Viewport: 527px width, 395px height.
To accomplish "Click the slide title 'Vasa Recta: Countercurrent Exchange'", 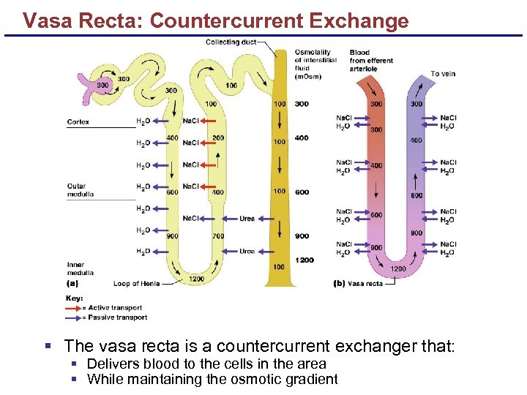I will [215, 20].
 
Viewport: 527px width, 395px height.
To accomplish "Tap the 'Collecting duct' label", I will [231, 42].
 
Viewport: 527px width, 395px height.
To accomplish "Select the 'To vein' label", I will [442, 74].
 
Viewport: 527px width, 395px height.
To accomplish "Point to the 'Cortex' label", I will [78, 122].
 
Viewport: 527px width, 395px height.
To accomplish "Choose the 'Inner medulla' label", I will [80, 269].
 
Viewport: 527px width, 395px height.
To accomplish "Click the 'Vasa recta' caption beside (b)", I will [365, 283].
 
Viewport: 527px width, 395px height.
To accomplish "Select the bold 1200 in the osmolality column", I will [304, 260].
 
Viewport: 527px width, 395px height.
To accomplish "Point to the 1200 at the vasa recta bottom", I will [397, 268].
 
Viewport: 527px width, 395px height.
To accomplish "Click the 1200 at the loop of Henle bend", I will [197, 279].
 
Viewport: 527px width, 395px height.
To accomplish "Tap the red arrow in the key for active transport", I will [73, 308].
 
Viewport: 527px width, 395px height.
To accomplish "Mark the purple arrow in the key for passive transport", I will [73, 317].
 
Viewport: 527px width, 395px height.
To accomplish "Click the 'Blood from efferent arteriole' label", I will [371, 61].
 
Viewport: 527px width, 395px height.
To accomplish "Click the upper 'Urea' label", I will [247, 218].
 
